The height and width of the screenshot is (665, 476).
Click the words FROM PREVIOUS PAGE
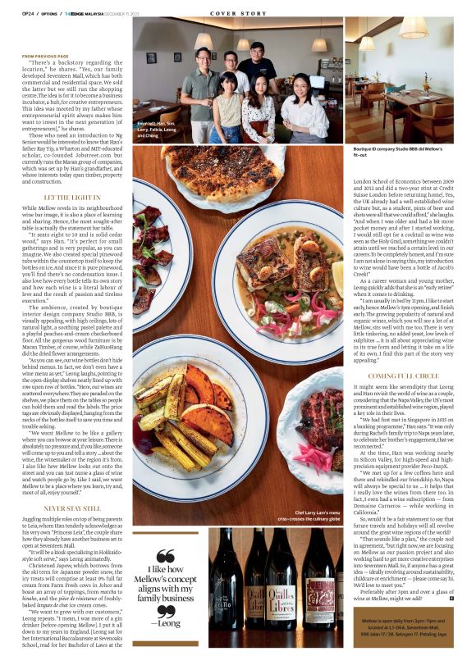click(46, 56)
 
